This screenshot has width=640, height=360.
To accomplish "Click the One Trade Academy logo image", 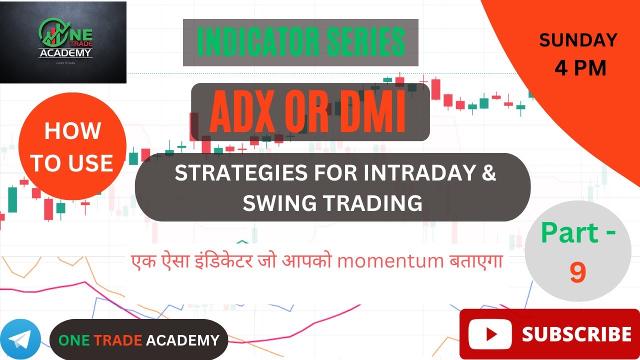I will (x=63, y=42).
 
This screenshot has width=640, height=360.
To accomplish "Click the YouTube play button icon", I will (x=490, y=334).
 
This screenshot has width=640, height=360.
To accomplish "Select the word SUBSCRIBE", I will (x=576, y=334).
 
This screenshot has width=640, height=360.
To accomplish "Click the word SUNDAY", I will (x=578, y=40).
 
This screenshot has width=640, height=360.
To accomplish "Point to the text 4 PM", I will (x=580, y=68).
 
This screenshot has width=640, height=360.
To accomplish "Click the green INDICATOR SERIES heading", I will (x=300, y=42).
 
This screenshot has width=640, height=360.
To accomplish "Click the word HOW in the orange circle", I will (x=72, y=131).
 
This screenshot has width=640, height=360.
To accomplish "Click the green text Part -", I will (x=578, y=233).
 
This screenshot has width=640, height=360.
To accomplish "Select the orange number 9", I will (x=577, y=273).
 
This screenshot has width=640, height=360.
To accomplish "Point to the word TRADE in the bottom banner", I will (x=118, y=340).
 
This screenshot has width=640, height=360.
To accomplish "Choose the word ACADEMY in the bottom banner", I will (x=182, y=340).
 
